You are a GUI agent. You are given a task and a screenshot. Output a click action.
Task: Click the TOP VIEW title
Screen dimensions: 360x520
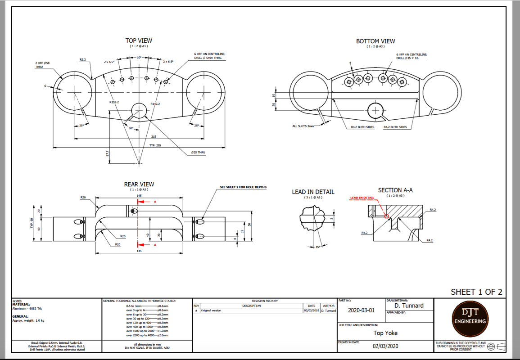click(x=139, y=41)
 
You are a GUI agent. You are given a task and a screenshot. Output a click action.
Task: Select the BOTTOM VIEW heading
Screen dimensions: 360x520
click(x=375, y=41)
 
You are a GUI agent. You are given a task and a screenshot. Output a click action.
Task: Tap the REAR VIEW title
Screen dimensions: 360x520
click(x=139, y=184)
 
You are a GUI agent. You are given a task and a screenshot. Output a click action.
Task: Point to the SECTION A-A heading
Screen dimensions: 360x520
click(x=395, y=190)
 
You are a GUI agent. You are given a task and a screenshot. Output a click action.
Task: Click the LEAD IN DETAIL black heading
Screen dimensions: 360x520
click(x=313, y=192)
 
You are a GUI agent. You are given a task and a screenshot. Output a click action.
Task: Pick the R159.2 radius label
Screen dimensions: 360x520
click(x=114, y=103)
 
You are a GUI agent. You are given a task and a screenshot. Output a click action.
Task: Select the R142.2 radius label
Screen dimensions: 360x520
click(x=155, y=104)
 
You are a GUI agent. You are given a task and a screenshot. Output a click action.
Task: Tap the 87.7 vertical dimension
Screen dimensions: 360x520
click(x=107, y=153)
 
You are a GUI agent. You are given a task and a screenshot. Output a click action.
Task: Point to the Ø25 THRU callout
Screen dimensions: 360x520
click(x=198, y=153)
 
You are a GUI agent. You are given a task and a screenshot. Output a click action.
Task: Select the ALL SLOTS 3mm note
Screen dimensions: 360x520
click(x=304, y=126)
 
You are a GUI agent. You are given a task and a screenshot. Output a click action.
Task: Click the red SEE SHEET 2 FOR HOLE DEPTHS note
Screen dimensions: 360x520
click(x=243, y=187)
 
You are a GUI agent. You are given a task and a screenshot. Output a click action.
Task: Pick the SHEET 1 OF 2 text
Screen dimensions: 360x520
click(x=476, y=292)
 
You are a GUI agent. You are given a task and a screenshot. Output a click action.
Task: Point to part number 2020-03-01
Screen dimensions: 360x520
click(x=362, y=310)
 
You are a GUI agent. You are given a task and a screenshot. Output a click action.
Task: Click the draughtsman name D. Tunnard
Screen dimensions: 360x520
click(x=406, y=306)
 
